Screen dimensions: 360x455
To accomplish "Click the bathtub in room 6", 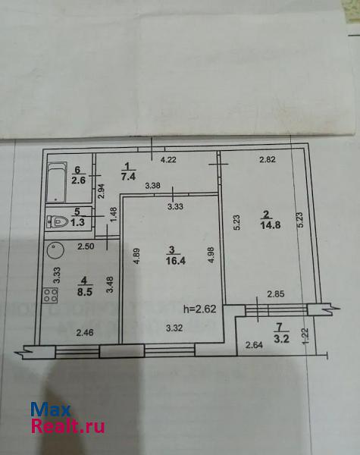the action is (x=57, y=182).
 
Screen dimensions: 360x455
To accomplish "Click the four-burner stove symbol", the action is (x=51, y=296).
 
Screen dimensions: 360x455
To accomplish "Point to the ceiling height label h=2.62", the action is (x=200, y=309).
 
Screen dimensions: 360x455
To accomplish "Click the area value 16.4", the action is (x=176, y=261).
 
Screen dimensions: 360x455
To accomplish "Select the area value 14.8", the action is (x=271, y=225).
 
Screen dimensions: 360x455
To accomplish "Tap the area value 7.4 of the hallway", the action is (x=128, y=176).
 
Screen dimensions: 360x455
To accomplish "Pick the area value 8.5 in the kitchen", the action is (x=85, y=292).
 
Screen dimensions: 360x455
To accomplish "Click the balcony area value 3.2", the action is (x=281, y=339).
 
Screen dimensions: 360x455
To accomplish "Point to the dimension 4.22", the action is (x=168, y=159).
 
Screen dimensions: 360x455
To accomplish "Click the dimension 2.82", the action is (x=268, y=159).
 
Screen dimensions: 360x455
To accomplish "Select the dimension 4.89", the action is (x=136, y=256).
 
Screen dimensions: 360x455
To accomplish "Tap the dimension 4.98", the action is (x=211, y=255).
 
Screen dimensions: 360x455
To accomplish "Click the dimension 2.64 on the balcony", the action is (x=254, y=345).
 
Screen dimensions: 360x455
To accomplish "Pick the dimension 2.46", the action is (x=85, y=333).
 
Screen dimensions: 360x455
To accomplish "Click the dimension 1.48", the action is (x=114, y=215).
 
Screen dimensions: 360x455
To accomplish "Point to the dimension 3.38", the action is (x=153, y=186).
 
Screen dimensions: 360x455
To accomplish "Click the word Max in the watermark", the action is (x=51, y=409).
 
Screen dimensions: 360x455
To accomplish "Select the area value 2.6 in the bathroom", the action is (x=79, y=180).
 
